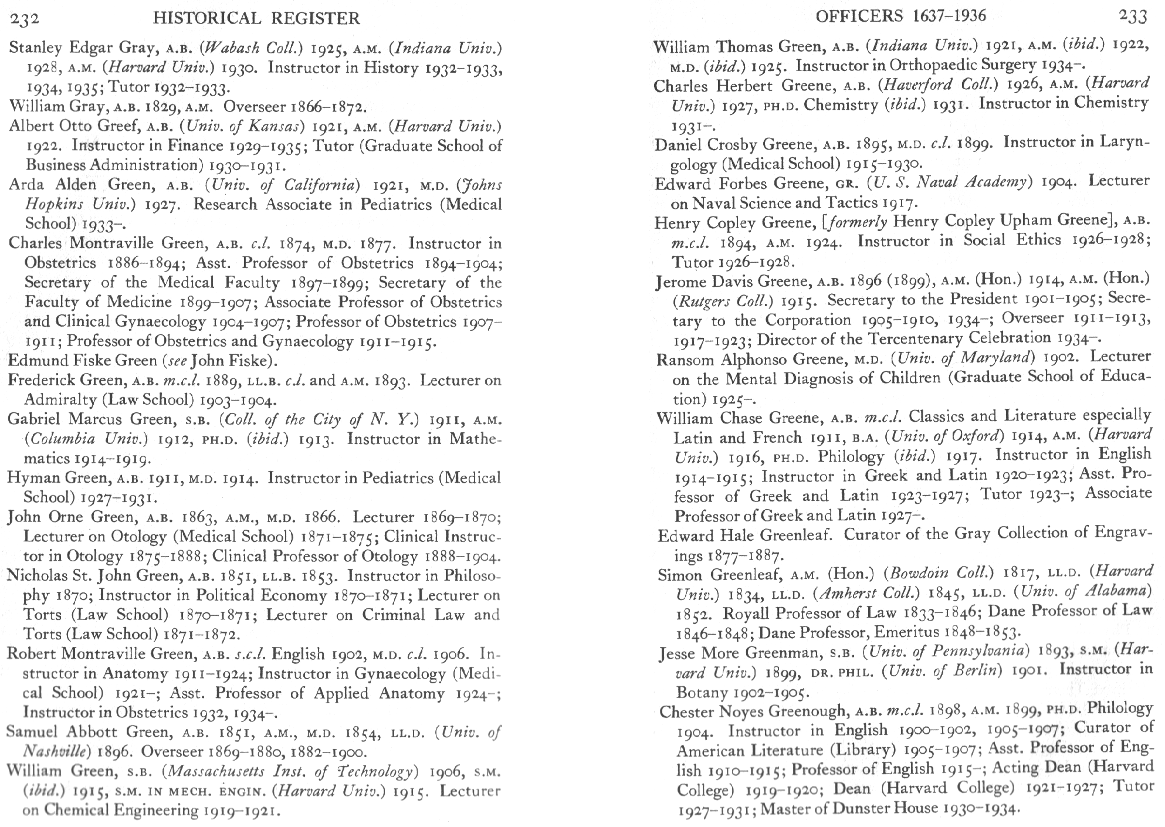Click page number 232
24,19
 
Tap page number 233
1132,16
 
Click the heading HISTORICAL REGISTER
256,19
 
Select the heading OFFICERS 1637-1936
900,16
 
